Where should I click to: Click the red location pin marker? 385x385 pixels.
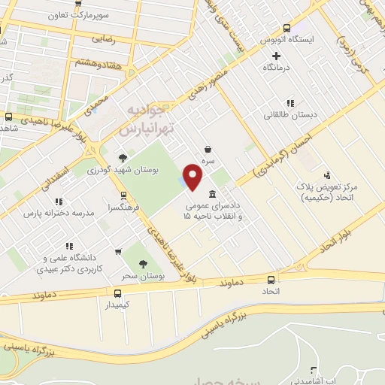(x=193, y=177)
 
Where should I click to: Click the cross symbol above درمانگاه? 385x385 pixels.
(x=276, y=56)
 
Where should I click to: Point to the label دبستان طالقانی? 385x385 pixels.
(x=280, y=115)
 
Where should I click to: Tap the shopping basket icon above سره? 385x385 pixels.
(x=207, y=150)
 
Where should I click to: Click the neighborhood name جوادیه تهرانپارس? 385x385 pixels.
(x=147, y=121)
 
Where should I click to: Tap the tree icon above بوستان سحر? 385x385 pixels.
(x=143, y=263)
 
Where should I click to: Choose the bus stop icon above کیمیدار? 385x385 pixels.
(x=117, y=293)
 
